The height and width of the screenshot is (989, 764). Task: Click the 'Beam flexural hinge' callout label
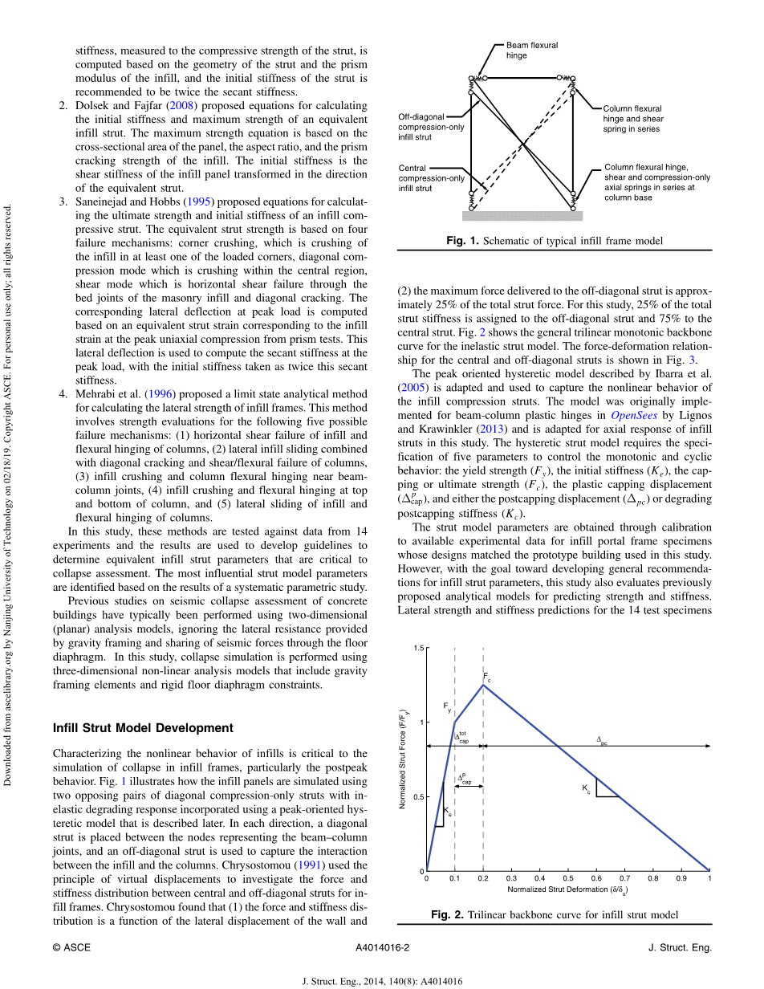click(531, 51)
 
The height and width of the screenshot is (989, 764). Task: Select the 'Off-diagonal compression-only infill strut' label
click(432, 127)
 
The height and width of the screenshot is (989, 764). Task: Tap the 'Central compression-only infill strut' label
click(432, 178)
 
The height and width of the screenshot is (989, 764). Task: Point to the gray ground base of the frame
click(522, 215)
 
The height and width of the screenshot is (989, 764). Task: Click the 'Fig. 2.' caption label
click(448, 914)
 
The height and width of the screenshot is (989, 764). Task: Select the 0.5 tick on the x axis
click(567, 879)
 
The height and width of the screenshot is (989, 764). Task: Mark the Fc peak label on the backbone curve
click(486, 678)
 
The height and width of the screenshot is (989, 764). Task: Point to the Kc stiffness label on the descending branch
click(586, 789)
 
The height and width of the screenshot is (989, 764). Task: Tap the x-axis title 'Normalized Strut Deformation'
click(567, 890)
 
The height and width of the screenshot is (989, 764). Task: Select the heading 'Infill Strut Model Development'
click(143, 728)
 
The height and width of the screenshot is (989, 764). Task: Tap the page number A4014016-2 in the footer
click(382, 947)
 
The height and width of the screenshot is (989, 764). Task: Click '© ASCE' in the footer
click(71, 947)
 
